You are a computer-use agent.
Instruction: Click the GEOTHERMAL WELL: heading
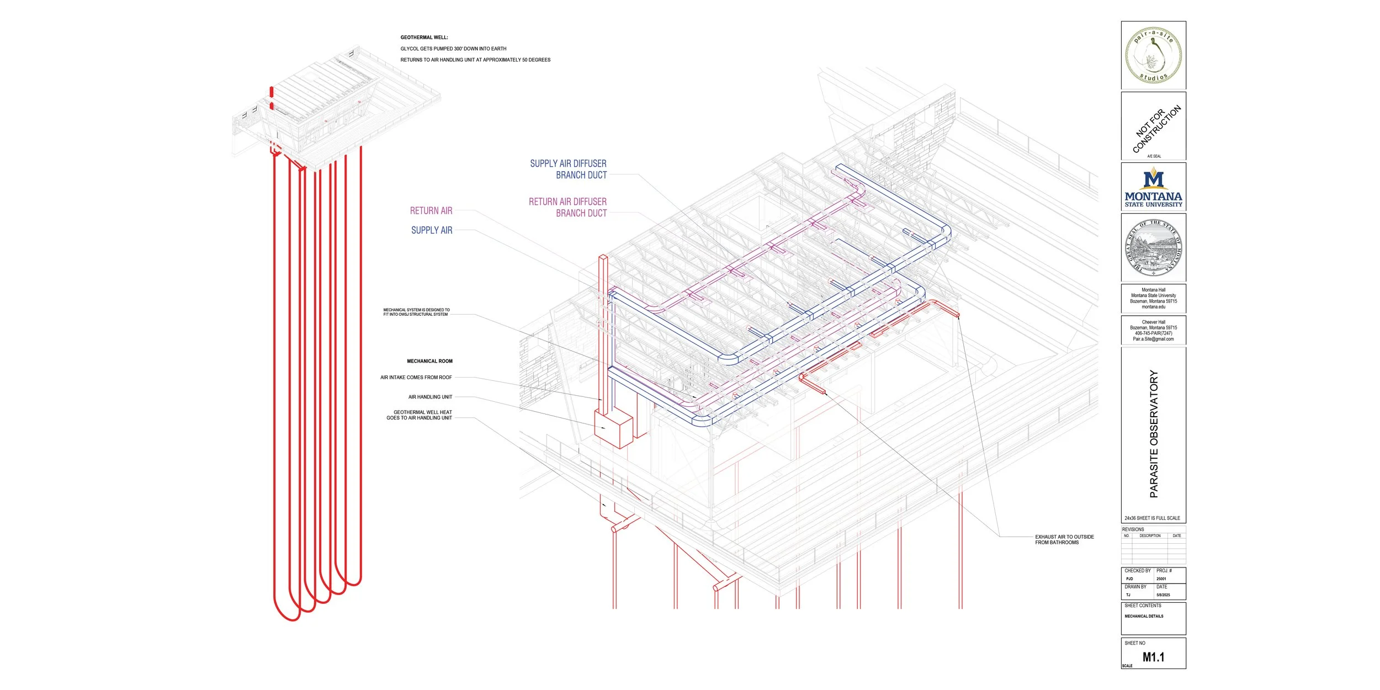coord(424,38)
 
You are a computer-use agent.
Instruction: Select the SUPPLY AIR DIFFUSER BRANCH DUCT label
coord(568,169)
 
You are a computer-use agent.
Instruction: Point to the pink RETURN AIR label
coord(431,211)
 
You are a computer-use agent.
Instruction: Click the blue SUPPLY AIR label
coord(432,230)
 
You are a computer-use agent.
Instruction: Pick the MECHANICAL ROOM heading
coord(429,361)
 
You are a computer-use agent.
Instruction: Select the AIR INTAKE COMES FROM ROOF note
coord(416,378)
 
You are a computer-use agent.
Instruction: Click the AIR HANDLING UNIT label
coord(430,397)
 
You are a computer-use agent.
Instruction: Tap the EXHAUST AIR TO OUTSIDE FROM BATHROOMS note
coord(1064,539)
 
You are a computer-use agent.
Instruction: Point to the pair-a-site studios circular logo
coord(1153,55)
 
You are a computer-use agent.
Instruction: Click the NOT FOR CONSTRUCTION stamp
coord(1156,129)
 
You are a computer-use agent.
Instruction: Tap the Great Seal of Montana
coord(1153,248)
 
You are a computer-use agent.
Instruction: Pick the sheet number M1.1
coord(1153,657)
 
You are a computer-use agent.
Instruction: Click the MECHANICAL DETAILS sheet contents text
coord(1144,616)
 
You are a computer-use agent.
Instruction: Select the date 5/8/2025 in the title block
coord(1163,595)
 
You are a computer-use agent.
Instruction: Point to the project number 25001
coord(1161,579)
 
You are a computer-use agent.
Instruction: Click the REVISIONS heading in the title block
coord(1133,529)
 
